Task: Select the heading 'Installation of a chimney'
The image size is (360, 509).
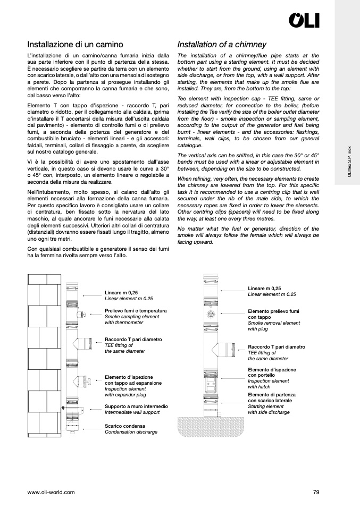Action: [x=221, y=45]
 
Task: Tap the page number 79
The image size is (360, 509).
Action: [x=316, y=493]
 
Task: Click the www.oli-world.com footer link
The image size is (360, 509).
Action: [x=51, y=493]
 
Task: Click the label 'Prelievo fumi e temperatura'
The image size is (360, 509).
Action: [x=136, y=310]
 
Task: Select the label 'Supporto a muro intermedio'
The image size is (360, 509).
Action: [x=136, y=406]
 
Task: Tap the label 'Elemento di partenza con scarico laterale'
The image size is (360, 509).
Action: [x=271, y=398]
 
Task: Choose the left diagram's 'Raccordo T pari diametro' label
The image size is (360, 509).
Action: [x=133, y=339]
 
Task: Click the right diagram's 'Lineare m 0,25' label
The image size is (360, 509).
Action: [x=264, y=288]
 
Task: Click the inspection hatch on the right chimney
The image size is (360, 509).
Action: [x=212, y=382]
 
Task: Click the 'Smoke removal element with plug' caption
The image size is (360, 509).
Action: [x=273, y=326]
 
